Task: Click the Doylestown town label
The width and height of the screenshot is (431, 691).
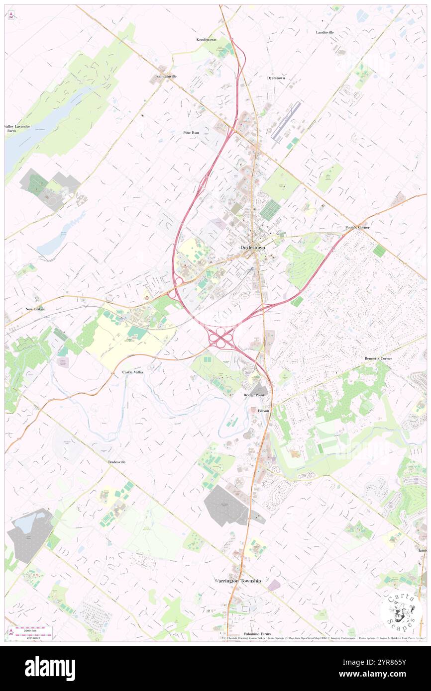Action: (x=253, y=247)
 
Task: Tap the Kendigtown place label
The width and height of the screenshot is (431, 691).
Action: (x=206, y=39)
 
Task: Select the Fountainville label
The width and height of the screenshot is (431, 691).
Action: (x=166, y=76)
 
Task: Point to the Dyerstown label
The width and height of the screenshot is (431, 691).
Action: (x=276, y=78)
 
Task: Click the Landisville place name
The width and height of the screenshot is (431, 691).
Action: (x=324, y=32)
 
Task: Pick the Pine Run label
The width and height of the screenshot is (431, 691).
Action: (x=191, y=133)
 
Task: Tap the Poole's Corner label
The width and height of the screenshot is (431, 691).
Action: (x=357, y=227)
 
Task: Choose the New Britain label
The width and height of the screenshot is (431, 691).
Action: (x=36, y=309)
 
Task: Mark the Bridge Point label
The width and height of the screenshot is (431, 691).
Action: (x=253, y=395)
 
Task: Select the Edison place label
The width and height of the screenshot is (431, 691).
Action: (x=264, y=411)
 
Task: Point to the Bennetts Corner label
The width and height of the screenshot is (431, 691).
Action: (x=378, y=358)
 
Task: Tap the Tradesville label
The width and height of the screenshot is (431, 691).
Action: (x=116, y=462)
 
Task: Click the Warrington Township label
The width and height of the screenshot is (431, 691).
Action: (x=237, y=581)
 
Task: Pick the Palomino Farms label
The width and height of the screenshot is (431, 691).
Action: (x=257, y=634)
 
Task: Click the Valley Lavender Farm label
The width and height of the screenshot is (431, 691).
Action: (x=18, y=128)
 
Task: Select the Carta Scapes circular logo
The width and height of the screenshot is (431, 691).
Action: (x=401, y=610)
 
